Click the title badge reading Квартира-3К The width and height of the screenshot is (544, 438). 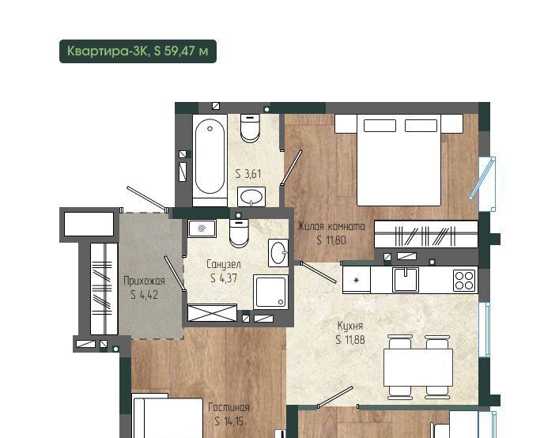[138, 51]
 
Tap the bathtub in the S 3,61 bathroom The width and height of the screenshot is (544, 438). [210, 160]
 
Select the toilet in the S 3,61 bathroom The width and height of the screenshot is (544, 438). [250, 128]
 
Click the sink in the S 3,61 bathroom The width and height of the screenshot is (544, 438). [251, 197]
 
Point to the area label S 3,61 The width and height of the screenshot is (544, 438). [248, 173]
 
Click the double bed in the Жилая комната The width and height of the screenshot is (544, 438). [399, 160]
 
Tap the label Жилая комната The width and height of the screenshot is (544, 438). [331, 226]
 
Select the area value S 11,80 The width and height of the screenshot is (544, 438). [331, 240]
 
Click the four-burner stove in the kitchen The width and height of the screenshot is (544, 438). [465, 280]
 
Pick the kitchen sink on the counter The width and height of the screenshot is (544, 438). [406, 279]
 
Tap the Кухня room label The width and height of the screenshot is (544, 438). [350, 326]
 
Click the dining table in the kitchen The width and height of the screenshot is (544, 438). [418, 368]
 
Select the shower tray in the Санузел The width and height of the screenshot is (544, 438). [270, 292]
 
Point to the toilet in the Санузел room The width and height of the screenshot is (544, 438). [239, 233]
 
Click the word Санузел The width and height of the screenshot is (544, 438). [224, 264]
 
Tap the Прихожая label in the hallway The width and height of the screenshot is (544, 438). [144, 281]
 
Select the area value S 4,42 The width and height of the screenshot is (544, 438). [145, 295]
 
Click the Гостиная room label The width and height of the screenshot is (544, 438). [229, 407]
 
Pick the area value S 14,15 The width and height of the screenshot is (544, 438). [229, 421]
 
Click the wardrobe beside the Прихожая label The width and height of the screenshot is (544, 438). [104, 289]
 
